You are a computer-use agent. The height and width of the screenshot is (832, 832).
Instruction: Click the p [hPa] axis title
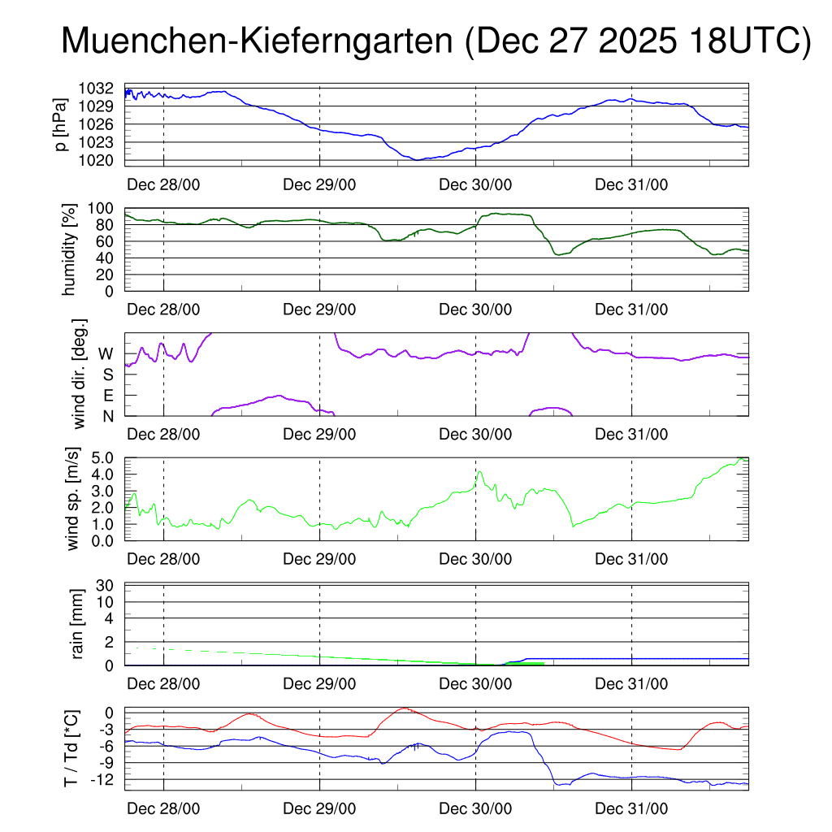60,123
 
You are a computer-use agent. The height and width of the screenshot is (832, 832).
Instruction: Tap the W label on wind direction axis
106,354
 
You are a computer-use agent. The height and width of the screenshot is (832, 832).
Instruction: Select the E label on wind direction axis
106,396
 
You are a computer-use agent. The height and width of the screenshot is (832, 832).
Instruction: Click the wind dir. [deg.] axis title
80,374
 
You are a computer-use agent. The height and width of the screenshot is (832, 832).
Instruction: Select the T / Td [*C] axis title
71,748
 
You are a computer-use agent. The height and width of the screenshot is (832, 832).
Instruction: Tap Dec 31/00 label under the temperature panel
631,809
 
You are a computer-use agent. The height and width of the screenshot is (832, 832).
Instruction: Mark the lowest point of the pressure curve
417,160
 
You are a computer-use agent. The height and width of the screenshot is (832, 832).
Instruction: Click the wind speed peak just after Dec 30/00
479,471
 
